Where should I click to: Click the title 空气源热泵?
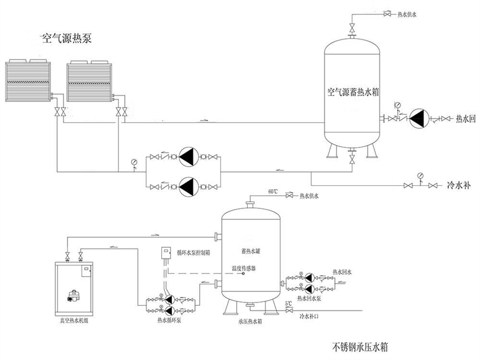pos(66,39)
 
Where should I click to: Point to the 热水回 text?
pos(465,118)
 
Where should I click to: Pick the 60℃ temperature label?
pos(273,191)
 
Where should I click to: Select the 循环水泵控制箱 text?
pos(193,252)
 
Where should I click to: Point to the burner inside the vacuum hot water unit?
pos(72,295)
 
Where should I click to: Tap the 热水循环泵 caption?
pos(169,321)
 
